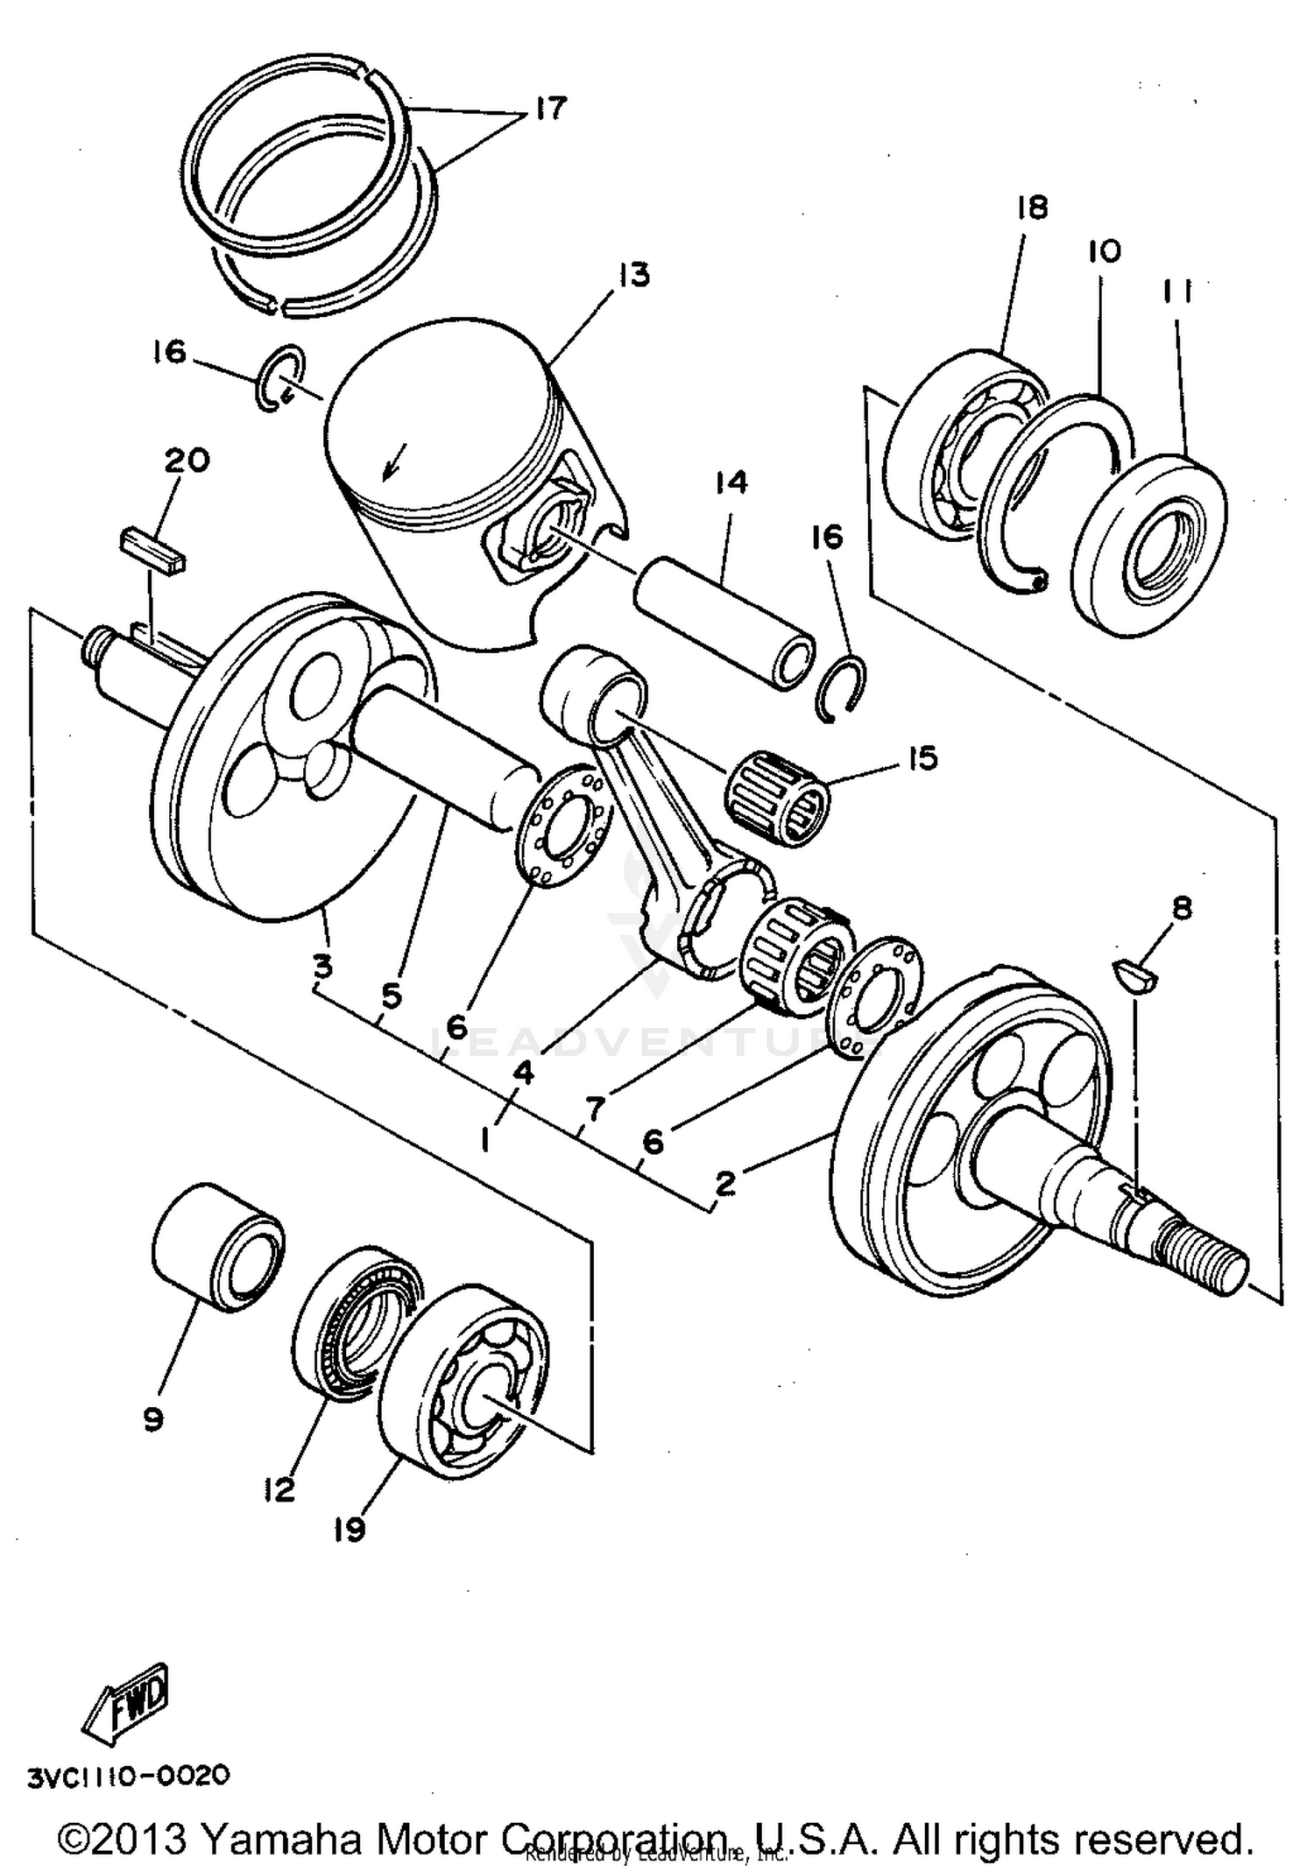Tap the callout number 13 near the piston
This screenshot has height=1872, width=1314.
click(x=633, y=274)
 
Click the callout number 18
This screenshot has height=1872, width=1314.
click(x=1032, y=208)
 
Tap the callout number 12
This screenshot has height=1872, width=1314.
click(x=279, y=1489)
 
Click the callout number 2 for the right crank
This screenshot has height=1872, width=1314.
click(x=724, y=1185)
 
